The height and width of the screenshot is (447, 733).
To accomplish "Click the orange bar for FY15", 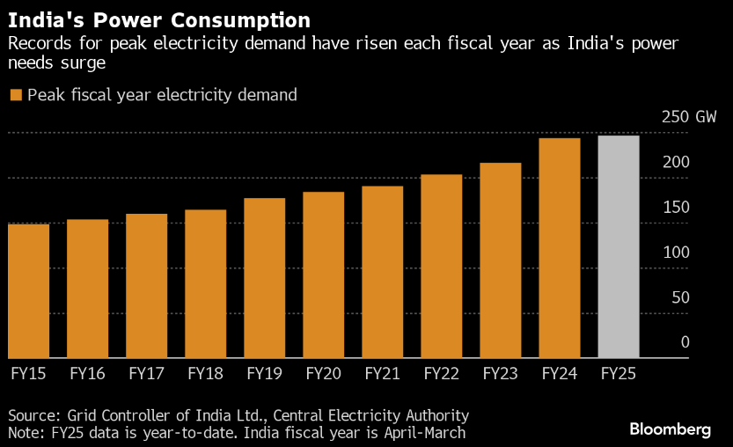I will pos(28,290).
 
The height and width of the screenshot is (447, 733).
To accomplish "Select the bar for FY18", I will pos(205,283).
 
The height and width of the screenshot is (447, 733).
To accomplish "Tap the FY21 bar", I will pos(382,272).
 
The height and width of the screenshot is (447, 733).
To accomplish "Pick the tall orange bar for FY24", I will pos(559,248).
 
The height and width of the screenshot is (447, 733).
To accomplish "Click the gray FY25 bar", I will pos(618,246).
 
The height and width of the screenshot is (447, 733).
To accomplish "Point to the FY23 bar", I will pos(500,260).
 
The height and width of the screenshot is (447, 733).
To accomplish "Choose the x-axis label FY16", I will pos(87,373).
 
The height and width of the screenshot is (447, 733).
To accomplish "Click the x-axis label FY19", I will pos(264,373).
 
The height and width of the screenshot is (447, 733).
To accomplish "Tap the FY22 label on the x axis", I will pos(441,373).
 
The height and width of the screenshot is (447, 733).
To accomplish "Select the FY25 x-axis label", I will pos(618,373).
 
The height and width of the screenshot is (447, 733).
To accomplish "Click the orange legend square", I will pos(15,95).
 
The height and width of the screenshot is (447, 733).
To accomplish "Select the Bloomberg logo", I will pos(670,429).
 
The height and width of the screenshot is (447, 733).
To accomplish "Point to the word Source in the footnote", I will pos(32,415).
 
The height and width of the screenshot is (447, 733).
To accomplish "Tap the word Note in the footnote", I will pos(24,433).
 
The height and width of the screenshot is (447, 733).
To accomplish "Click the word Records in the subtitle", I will pos(36,43).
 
